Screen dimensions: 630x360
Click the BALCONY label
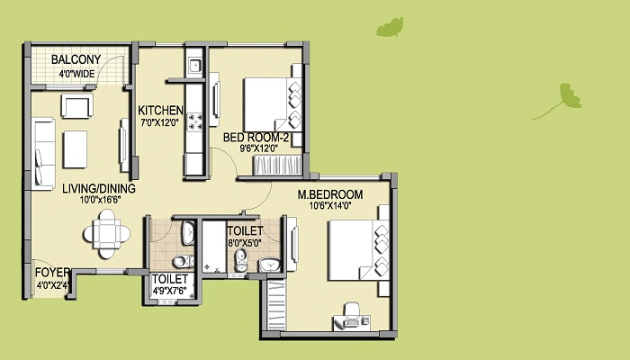click(76, 60)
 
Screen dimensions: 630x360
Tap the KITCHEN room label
click(160, 111)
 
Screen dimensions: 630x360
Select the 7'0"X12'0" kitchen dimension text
click(159, 122)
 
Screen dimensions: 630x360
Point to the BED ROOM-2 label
click(256, 138)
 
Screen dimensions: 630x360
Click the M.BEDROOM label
click(330, 195)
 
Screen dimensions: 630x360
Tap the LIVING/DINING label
click(99, 188)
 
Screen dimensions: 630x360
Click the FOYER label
click(52, 273)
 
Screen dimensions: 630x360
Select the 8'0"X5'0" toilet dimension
click(245, 243)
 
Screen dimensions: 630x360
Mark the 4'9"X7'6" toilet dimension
click(169, 291)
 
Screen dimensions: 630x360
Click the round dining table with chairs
click(107, 234)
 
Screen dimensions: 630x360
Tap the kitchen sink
click(195, 65)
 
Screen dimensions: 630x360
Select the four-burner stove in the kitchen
click(195, 122)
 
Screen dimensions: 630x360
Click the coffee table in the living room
click(75, 149)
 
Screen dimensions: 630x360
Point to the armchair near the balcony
click(77, 105)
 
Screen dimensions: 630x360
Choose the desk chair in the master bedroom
click(352, 310)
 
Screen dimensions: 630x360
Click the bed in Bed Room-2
click(273, 104)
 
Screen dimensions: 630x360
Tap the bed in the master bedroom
click(359, 250)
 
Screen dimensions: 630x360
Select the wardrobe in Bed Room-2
click(277, 166)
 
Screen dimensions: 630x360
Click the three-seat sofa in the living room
click(45, 154)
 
